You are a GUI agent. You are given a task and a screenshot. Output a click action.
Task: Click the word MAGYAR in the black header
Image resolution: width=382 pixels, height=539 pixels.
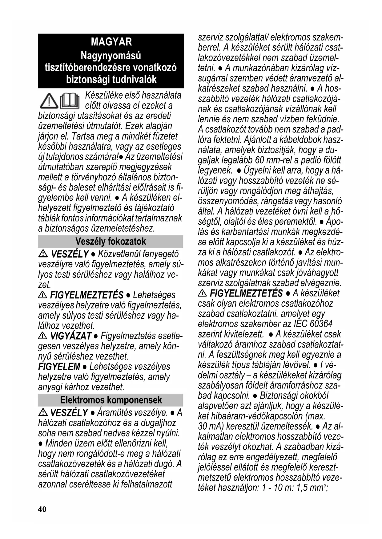(x=111, y=42)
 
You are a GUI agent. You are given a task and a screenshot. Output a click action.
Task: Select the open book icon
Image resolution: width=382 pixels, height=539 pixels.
(x=70, y=100)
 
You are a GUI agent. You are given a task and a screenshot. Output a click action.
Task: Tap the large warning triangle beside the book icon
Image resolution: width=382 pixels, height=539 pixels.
(x=49, y=100)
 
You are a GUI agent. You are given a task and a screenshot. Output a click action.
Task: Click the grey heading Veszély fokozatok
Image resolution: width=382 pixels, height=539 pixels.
(x=111, y=242)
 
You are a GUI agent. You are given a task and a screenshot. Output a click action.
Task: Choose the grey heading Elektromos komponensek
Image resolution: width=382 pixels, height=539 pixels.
(x=111, y=400)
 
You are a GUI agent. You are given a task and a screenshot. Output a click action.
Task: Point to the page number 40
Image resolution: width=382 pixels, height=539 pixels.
(x=42, y=509)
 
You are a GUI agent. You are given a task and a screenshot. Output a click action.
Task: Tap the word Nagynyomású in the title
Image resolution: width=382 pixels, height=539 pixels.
(x=111, y=56)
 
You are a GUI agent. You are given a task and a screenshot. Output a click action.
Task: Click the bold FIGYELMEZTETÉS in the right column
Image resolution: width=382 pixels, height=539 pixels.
(x=246, y=293)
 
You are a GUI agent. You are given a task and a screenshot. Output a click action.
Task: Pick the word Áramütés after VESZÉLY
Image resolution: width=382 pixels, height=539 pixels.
(x=116, y=412)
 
